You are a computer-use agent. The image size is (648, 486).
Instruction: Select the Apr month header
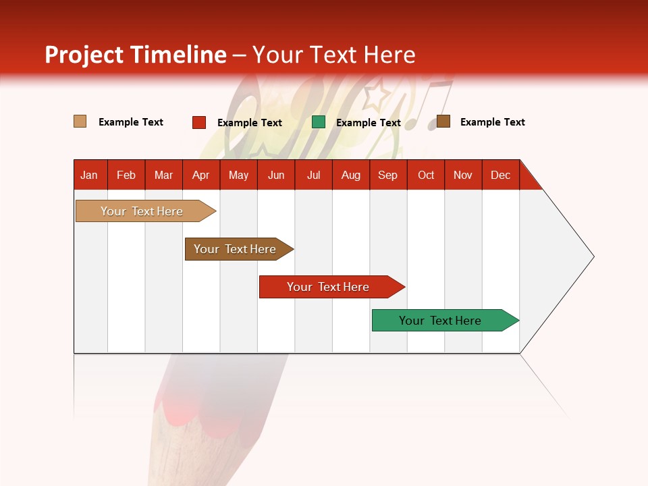[x=201, y=175]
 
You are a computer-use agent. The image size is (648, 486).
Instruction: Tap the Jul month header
[x=314, y=175]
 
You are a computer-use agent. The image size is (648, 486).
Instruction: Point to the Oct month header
[x=426, y=175]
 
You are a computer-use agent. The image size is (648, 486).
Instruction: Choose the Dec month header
[x=501, y=175]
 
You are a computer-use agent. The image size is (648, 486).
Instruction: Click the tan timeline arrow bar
[x=146, y=211]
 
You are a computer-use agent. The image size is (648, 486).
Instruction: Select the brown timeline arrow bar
[x=239, y=249]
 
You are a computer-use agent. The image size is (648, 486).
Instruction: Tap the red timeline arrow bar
[x=332, y=287]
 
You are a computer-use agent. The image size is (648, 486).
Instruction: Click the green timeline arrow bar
[x=446, y=320]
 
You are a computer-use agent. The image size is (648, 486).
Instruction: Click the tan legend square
[x=80, y=122]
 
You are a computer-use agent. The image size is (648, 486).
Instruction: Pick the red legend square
[x=199, y=122]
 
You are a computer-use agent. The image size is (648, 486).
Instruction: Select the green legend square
[x=318, y=122]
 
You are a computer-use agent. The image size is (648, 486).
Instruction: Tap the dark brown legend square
[x=443, y=121]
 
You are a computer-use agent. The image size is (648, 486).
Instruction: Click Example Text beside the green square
[x=369, y=123]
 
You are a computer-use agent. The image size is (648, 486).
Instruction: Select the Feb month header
[x=126, y=175]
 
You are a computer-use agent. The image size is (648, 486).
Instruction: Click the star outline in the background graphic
[x=377, y=94]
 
